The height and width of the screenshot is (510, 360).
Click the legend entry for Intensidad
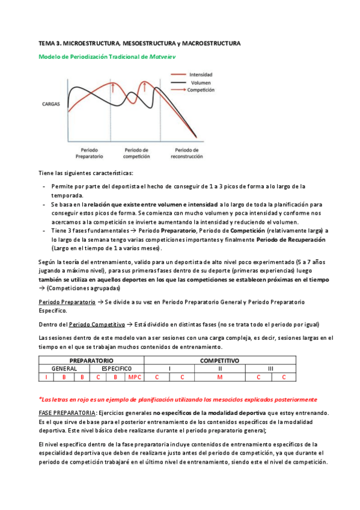[200, 75]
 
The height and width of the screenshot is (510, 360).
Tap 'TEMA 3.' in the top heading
[49, 44]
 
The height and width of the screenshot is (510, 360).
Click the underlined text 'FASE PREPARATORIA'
[66, 413]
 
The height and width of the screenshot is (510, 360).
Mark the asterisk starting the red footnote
[40, 399]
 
